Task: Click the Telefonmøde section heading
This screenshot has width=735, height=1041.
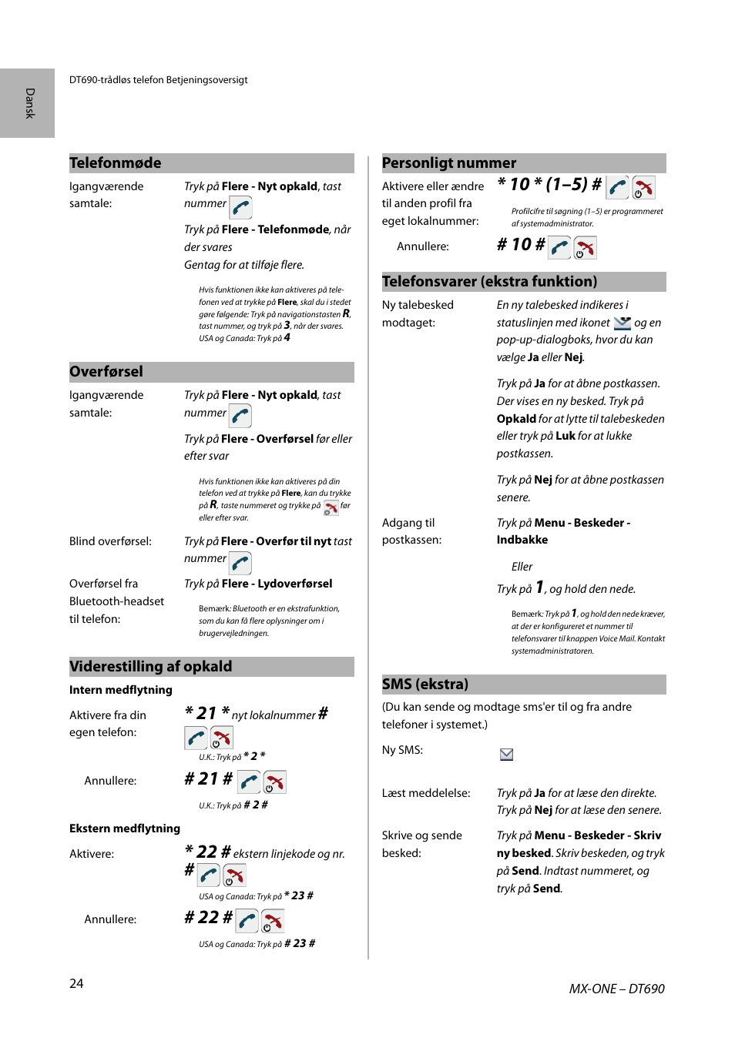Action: pyautogui.click(x=116, y=163)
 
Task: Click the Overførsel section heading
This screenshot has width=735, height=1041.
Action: pyautogui.click(x=106, y=372)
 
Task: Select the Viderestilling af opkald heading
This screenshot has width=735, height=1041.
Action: pyautogui.click(x=151, y=667)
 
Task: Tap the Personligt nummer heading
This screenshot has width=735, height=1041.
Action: pyautogui.click(x=449, y=163)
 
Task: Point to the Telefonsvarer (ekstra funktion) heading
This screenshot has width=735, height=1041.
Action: pyautogui.click(x=489, y=282)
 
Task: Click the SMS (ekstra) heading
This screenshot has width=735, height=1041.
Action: pyautogui.click(x=425, y=685)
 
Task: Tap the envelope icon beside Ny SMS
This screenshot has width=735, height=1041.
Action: pyautogui.click(x=506, y=755)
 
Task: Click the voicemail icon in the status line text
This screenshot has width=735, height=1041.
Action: pyautogui.click(x=622, y=323)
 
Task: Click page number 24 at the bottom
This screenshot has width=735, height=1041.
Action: pyautogui.click(x=76, y=983)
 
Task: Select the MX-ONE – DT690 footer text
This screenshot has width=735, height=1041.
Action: pyautogui.click(x=616, y=989)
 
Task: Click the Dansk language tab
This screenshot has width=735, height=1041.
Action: pyautogui.click(x=29, y=103)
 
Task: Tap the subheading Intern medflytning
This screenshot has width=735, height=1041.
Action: pyautogui.click(x=121, y=690)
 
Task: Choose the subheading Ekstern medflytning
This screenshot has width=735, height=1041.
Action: pyautogui.click(x=125, y=828)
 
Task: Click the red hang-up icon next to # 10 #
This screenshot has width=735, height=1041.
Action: pyautogui.click(x=586, y=248)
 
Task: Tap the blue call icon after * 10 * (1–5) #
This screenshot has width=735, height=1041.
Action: pyautogui.click(x=618, y=188)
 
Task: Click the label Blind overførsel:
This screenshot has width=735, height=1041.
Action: pyautogui.click(x=110, y=541)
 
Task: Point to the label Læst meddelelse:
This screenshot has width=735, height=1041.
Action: pyautogui.click(x=426, y=793)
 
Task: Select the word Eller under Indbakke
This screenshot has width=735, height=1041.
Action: pyautogui.click(x=522, y=567)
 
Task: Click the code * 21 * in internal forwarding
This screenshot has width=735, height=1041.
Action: pyautogui.click(x=207, y=714)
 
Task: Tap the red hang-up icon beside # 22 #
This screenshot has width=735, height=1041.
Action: pyautogui.click(x=272, y=921)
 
